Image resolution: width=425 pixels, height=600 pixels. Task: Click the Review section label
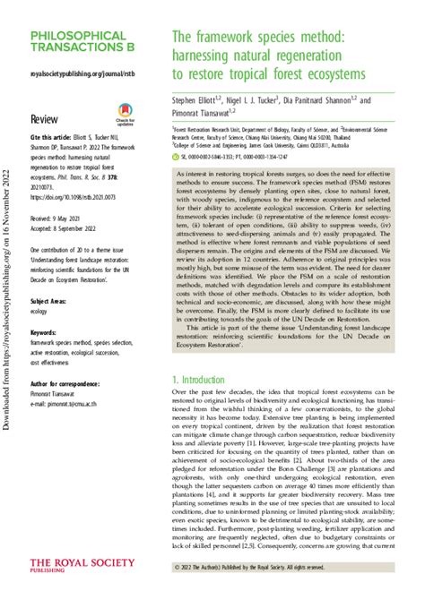[45, 118]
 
